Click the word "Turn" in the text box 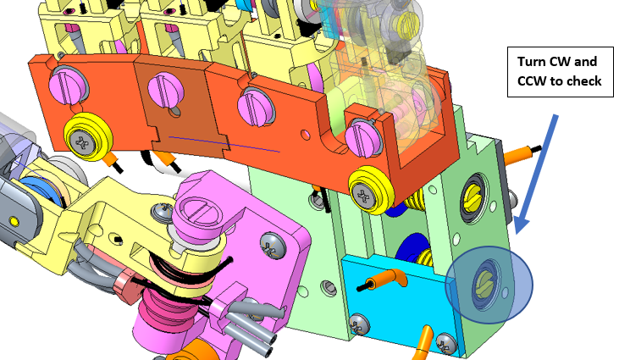tap(532, 62)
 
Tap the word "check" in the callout tap(583, 81)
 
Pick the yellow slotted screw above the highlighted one tap(473, 197)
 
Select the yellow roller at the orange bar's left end tap(87, 136)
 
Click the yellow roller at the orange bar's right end tap(369, 190)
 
